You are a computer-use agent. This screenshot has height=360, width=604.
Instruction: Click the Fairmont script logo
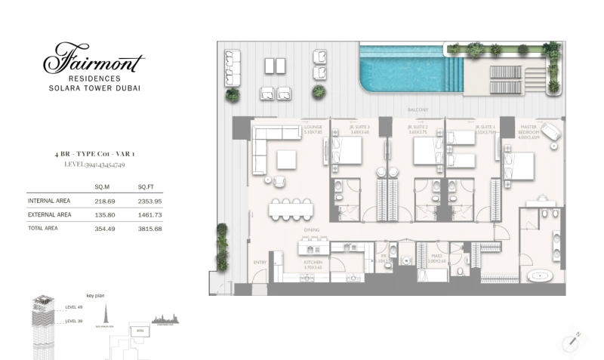coord(94,59)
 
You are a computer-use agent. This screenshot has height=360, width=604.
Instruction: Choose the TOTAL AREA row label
coord(42,228)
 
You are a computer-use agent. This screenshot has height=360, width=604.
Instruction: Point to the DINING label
coord(312,229)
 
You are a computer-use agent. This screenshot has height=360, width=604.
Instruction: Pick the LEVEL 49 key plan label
coord(74,307)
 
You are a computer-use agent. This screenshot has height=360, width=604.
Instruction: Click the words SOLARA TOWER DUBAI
coord(94,88)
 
